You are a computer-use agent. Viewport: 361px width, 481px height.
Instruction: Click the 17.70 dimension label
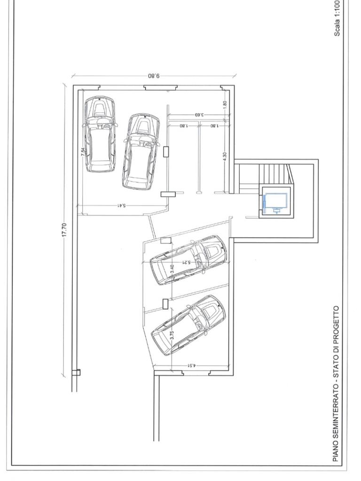64,229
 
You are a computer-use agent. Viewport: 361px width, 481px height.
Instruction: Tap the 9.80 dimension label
154,76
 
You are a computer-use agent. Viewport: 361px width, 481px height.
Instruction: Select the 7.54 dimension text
83,152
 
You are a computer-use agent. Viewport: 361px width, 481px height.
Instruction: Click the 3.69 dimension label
199,115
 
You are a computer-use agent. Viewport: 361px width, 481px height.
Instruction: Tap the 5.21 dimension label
186,262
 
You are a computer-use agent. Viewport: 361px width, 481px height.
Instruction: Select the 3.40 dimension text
172,269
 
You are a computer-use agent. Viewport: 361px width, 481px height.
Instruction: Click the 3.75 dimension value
172,334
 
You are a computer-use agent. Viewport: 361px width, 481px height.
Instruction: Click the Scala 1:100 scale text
337,18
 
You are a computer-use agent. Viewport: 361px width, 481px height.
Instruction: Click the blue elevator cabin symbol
275,203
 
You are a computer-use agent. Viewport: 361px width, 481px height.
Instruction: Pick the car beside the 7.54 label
100,134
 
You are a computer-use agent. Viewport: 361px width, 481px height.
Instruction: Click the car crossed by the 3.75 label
188,325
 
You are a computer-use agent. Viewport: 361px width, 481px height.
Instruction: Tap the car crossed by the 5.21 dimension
188,259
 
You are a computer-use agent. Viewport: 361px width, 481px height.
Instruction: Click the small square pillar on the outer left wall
76,372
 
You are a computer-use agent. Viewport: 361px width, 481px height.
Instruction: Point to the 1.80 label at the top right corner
225,105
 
